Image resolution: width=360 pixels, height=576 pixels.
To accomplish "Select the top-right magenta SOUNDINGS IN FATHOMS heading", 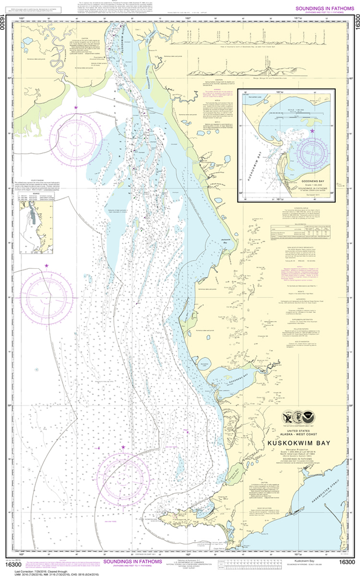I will coord(318,7).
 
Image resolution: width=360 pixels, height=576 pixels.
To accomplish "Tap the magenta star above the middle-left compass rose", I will coord(47,265).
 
